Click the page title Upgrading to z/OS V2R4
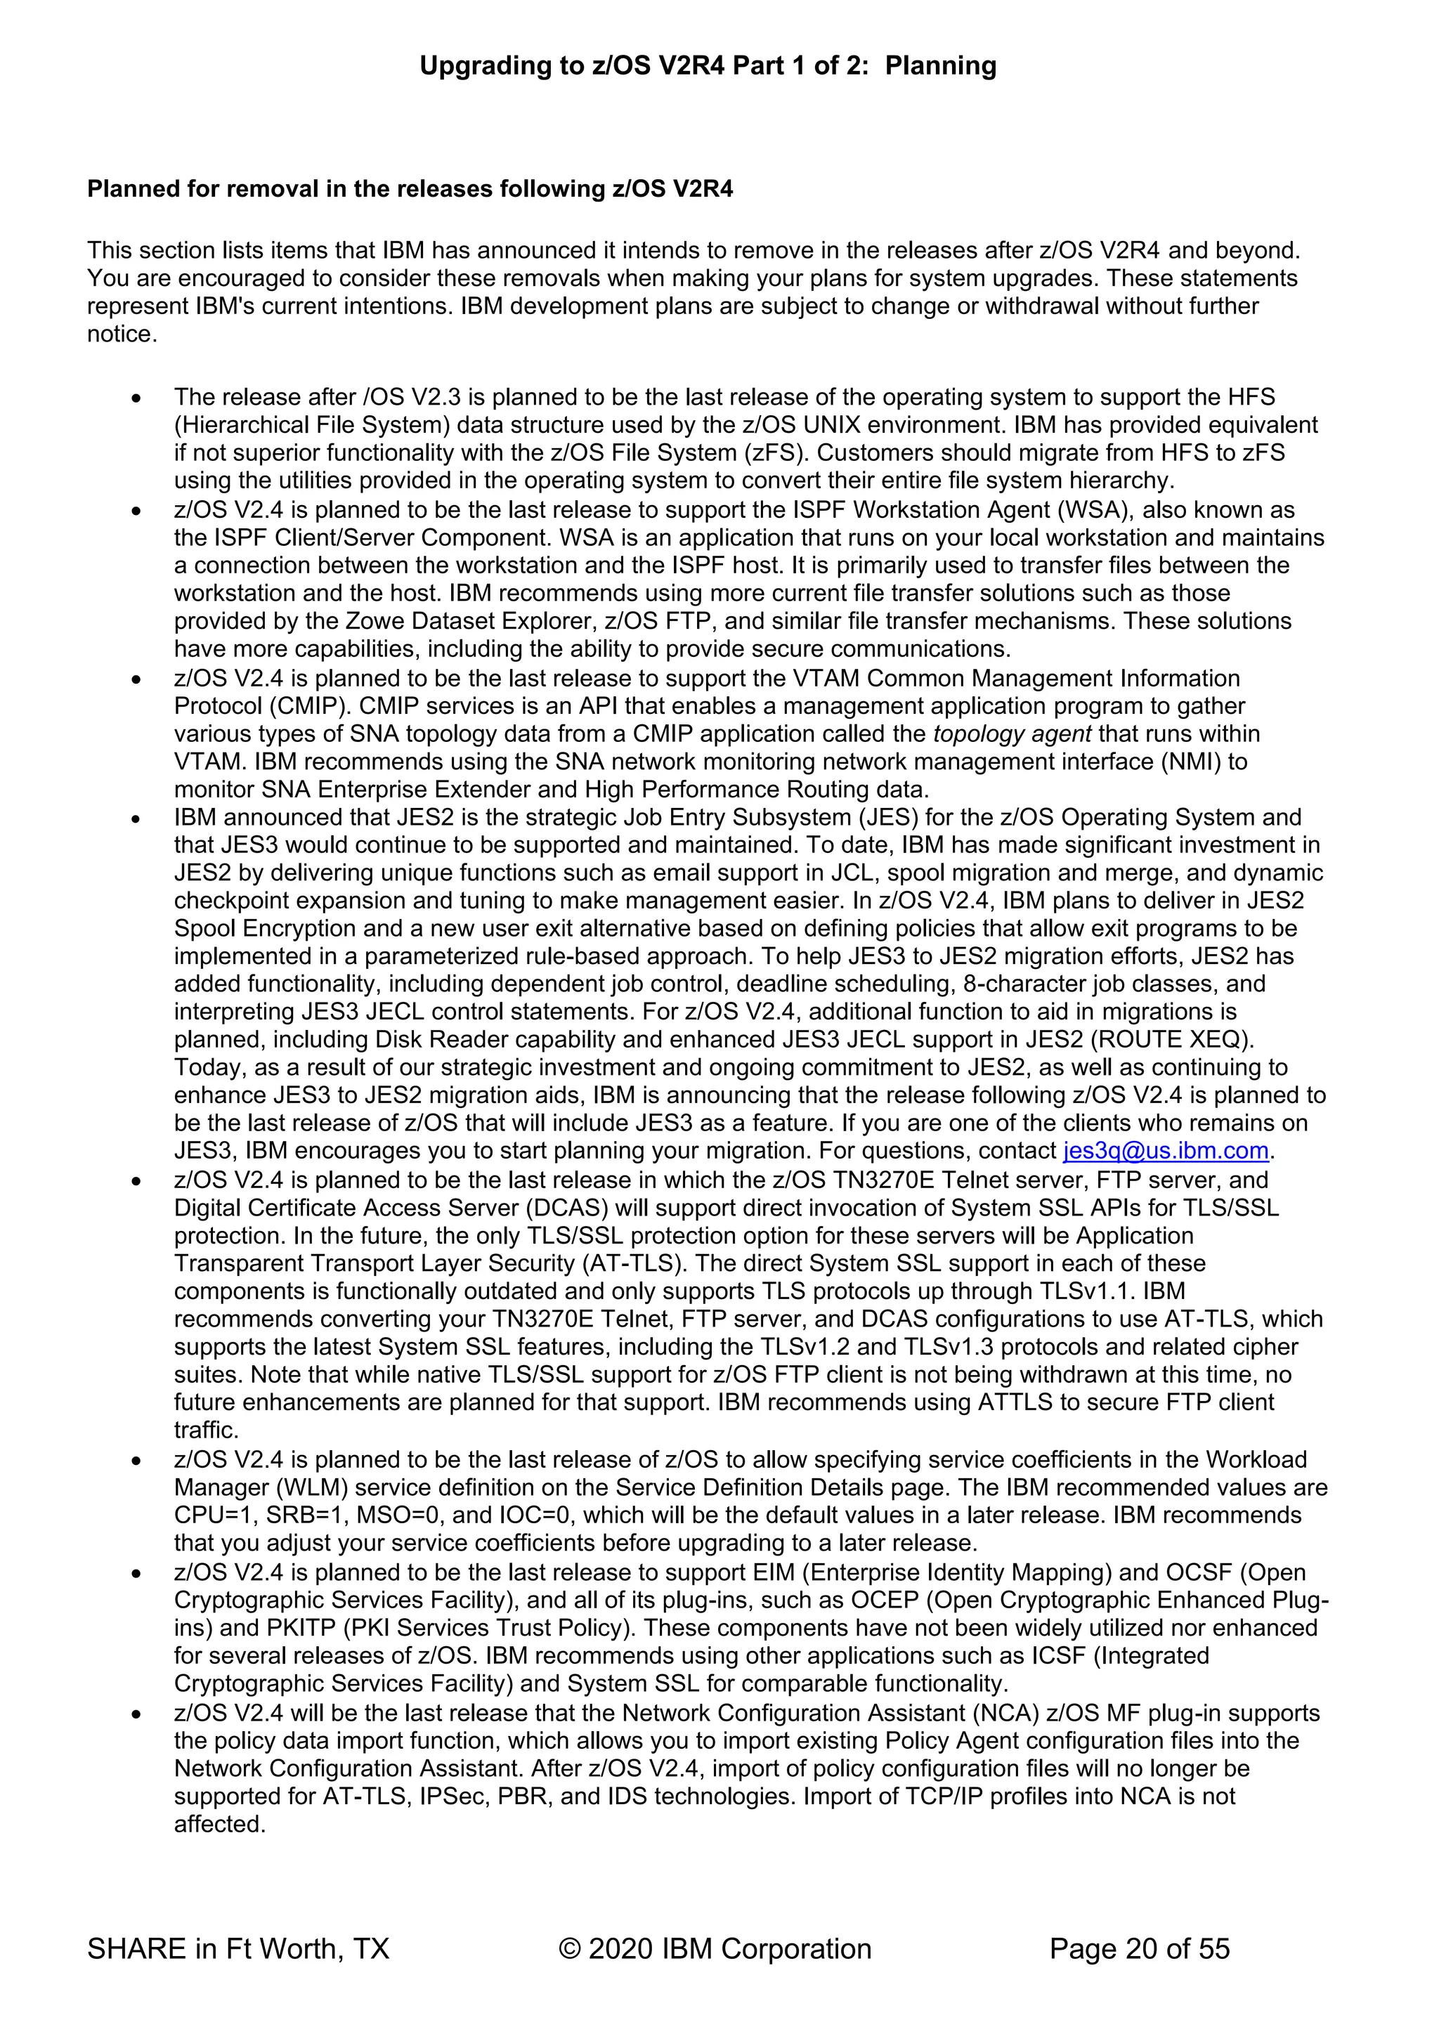click(707, 65)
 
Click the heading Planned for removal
click(410, 189)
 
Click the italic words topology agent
click(1012, 734)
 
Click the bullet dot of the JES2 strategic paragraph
click(136, 819)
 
